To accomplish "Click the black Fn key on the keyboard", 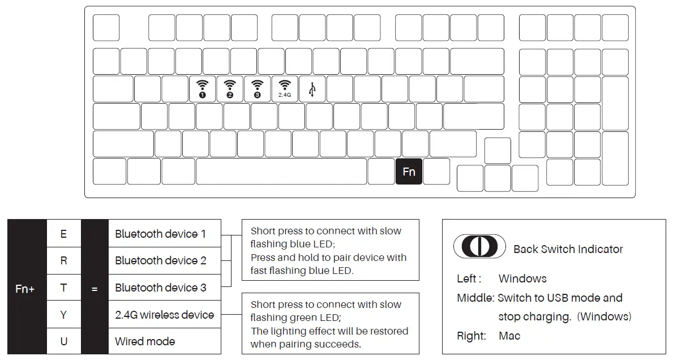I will point(409,172).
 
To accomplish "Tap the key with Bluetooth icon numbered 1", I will point(202,89).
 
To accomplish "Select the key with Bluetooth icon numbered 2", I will point(230,89).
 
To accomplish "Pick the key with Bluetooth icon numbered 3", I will point(258,89).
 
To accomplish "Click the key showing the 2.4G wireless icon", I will point(285,89).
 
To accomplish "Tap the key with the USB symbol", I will point(312,89).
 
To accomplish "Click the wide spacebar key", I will point(281,172).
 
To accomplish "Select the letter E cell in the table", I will point(63,234).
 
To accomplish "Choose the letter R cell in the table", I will point(63,260).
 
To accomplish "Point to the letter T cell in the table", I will point(63,288).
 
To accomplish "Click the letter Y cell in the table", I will point(63,315).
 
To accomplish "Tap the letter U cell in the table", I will point(63,341).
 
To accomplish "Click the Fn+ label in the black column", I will point(25,289).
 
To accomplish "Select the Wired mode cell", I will point(145,341).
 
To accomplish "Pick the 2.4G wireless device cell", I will point(164,315).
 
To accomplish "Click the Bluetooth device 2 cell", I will point(160,260).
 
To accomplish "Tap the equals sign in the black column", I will point(95,289).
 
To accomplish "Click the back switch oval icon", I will point(479,247).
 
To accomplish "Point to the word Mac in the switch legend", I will point(509,336).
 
